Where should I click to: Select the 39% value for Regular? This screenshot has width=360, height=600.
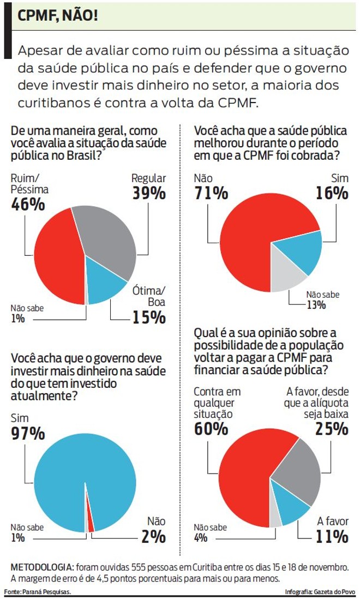tap(148, 193)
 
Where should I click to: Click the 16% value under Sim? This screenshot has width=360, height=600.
tap(331, 193)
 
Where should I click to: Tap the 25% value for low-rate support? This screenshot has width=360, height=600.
tap(331, 429)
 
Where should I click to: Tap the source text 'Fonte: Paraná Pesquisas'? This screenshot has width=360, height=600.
tap(37, 592)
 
